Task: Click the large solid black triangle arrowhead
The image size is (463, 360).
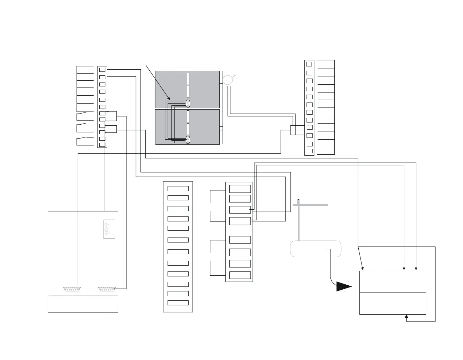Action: tap(344, 286)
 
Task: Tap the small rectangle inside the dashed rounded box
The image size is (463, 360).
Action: tap(330, 245)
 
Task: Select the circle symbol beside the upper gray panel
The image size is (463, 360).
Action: tap(228, 80)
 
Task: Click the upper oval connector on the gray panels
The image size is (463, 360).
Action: tap(188, 104)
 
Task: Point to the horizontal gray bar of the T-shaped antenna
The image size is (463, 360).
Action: tap(310, 205)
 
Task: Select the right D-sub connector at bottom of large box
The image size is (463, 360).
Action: tap(108, 289)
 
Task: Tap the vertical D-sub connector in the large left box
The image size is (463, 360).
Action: tap(109, 229)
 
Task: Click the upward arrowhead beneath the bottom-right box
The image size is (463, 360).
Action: tap(406, 316)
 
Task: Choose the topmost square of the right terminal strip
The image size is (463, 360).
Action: tap(309, 64)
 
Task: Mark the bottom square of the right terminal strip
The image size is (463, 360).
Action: tap(309, 151)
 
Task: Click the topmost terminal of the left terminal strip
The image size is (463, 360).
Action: tap(102, 69)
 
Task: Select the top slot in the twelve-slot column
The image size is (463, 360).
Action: tap(178, 188)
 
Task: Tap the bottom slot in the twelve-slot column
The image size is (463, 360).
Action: tap(178, 303)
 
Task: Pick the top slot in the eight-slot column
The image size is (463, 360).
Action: tap(240, 189)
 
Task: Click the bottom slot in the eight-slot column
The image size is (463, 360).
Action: tap(240, 275)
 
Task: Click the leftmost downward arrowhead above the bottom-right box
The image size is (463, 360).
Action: tap(363, 269)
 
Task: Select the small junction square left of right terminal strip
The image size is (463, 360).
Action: tap(293, 130)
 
